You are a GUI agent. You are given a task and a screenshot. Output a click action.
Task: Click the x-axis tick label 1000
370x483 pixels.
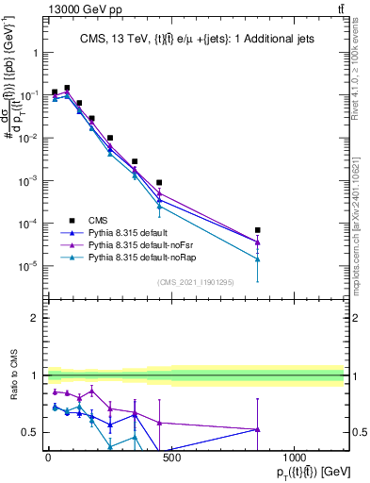(x=294, y=458)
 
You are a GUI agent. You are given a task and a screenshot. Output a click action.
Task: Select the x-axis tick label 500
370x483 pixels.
(x=170, y=458)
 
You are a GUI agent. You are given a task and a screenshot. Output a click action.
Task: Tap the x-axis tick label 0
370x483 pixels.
(x=48, y=458)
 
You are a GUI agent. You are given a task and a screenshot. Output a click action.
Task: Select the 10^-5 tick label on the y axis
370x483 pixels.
(x=28, y=266)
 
